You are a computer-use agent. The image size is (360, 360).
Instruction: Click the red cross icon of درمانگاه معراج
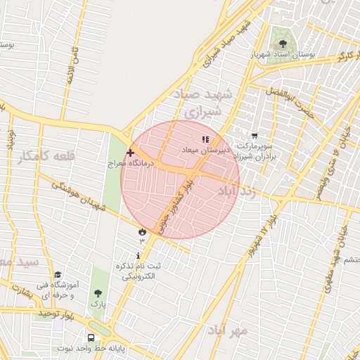click(x=130, y=152)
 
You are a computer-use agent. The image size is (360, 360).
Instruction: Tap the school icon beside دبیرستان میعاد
click(x=205, y=140)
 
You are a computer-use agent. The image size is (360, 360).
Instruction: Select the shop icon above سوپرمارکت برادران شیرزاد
click(x=255, y=136)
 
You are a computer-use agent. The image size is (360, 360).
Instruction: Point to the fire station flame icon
click(x=142, y=231)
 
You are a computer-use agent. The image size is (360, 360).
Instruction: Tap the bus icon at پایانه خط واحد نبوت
click(x=92, y=337)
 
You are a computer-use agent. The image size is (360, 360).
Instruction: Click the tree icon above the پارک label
click(x=98, y=293)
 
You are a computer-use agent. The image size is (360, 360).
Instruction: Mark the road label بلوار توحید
click(x=66, y=312)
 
